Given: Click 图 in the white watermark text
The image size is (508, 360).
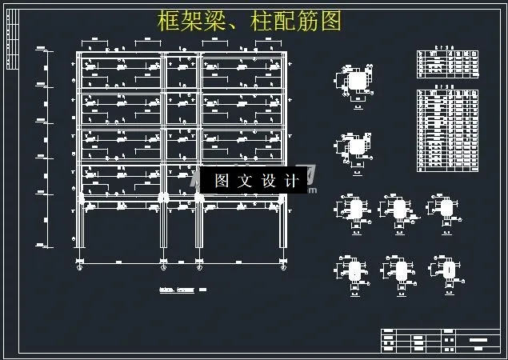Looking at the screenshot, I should coord(222,182).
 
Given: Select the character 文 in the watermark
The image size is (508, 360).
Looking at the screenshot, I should coord(246,182).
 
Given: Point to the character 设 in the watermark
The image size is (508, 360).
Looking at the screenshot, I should coord(269,182).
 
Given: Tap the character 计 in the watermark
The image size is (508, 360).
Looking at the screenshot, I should coord(292,182).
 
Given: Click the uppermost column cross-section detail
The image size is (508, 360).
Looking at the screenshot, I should coord(355,82).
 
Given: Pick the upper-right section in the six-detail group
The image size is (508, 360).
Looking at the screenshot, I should coord(446,207).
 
